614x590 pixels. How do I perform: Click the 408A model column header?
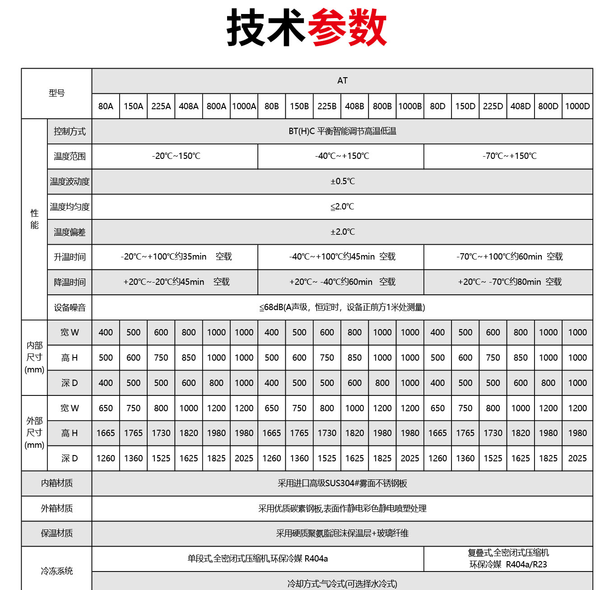click(x=189, y=106)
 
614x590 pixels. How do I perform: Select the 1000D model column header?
click(x=577, y=106)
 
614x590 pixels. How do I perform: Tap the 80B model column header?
click(x=272, y=106)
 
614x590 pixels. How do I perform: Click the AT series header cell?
click(x=342, y=81)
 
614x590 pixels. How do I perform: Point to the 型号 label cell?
click(x=56, y=93)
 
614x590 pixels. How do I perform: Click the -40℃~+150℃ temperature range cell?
click(x=342, y=156)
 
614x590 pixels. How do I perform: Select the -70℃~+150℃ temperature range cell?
click(x=509, y=156)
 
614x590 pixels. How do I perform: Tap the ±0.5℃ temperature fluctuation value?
click(x=342, y=181)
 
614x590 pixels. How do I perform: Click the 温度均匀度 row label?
click(x=70, y=207)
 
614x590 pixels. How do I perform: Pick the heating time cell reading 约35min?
click(x=176, y=257)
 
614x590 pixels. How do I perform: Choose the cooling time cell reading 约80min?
click(x=509, y=282)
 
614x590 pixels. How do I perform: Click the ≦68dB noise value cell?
click(x=342, y=307)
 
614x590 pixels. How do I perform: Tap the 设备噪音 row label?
click(x=70, y=307)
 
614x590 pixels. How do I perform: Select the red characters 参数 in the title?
click(x=347, y=28)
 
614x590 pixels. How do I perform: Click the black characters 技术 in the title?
click(x=266, y=28)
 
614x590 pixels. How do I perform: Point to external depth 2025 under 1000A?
click(x=244, y=458)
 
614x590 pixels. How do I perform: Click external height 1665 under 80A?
click(x=106, y=433)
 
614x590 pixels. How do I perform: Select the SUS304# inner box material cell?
click(x=342, y=483)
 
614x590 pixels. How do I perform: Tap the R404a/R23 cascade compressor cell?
click(x=508, y=559)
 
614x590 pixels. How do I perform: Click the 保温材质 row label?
click(x=56, y=534)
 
